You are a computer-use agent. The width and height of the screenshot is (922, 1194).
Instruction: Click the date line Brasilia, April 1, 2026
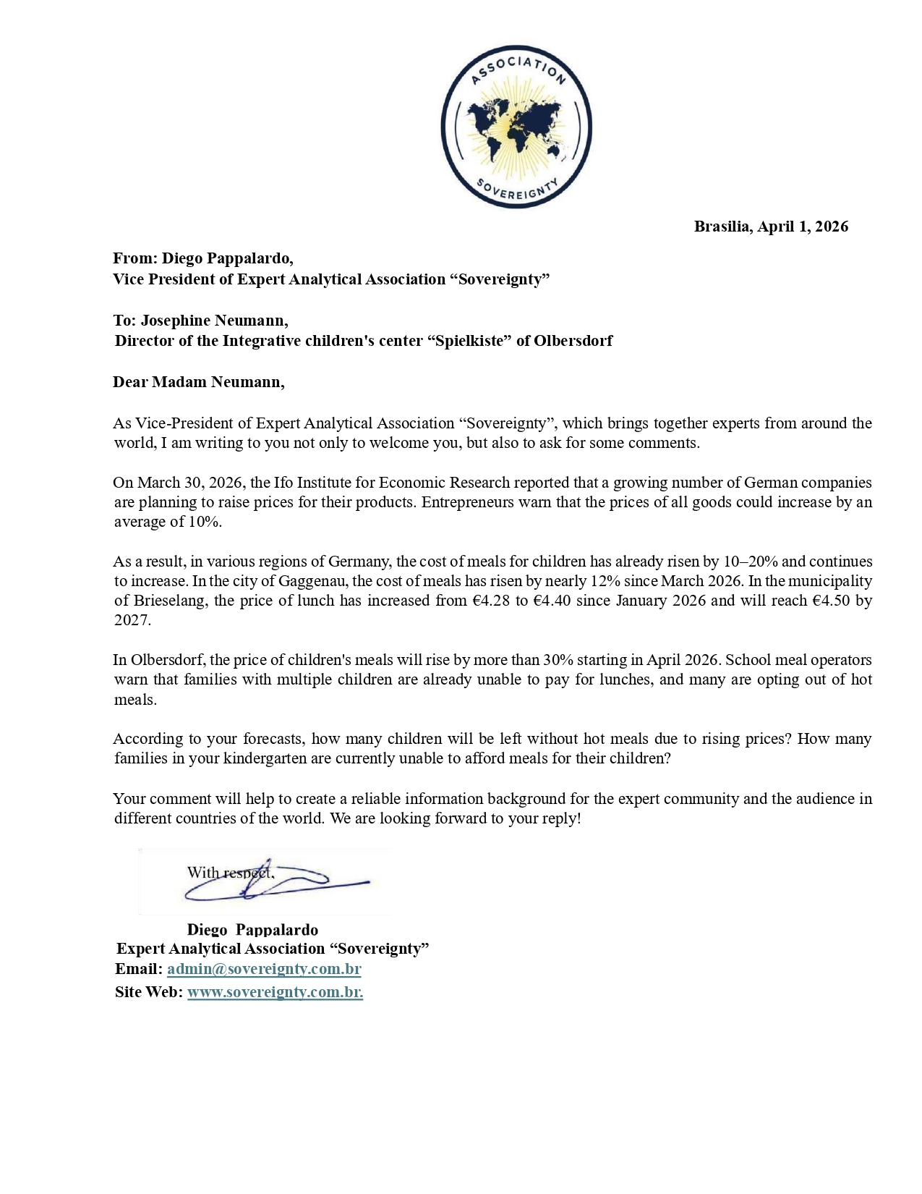click(771, 226)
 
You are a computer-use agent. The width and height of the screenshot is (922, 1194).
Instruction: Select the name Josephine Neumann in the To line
click(214, 321)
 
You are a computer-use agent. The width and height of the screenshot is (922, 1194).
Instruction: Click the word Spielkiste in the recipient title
click(471, 341)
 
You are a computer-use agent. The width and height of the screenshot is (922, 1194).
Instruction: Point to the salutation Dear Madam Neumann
click(199, 382)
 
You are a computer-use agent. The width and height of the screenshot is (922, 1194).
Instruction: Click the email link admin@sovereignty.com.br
click(264, 969)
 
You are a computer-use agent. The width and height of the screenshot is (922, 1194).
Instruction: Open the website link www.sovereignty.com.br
click(275, 992)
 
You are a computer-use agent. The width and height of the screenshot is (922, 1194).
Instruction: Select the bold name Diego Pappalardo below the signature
click(252, 930)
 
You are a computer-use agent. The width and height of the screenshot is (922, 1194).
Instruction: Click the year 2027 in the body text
click(132, 620)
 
